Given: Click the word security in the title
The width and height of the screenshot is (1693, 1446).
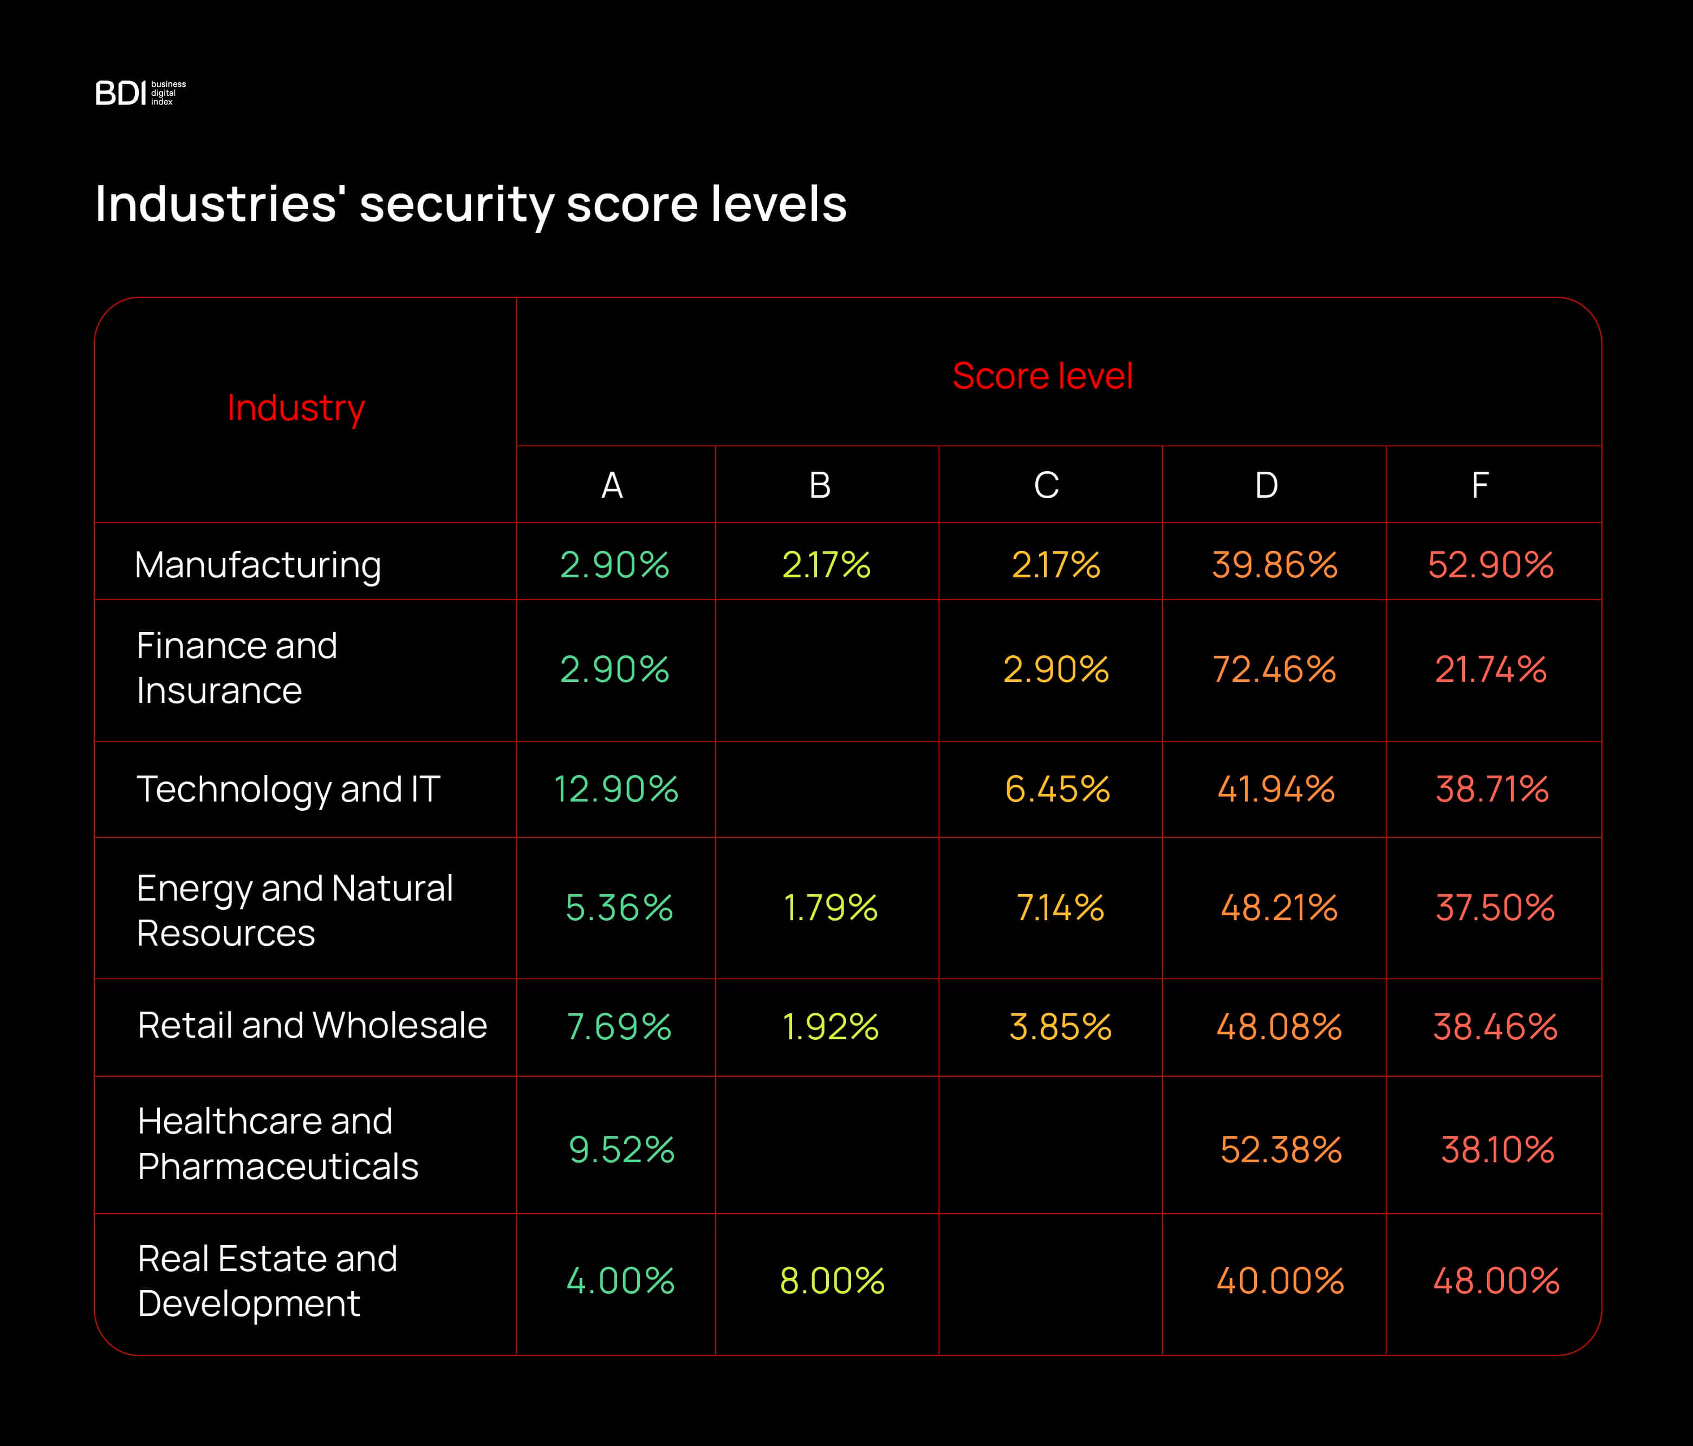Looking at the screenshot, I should pyautogui.click(x=456, y=204).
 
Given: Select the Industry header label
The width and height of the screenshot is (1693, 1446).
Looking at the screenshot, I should pyautogui.click(x=296, y=408).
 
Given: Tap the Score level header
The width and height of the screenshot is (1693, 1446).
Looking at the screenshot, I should pyautogui.click(x=1042, y=376).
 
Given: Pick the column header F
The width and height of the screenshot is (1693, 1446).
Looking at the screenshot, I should pyautogui.click(x=1479, y=485).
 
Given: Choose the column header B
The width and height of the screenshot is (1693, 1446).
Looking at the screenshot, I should pyautogui.click(x=820, y=485).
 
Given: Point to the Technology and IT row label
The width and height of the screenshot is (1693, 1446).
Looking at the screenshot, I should pyautogui.click(x=288, y=789).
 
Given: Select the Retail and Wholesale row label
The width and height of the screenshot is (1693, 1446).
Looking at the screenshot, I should pyautogui.click(x=312, y=1025).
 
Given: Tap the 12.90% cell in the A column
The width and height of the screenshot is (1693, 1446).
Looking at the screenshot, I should pyautogui.click(x=615, y=789).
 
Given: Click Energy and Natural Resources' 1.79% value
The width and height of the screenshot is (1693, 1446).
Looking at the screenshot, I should pyautogui.click(x=830, y=908).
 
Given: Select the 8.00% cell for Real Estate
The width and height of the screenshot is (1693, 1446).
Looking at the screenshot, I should pyautogui.click(x=832, y=1280).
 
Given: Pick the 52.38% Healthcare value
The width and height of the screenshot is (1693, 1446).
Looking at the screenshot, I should pyautogui.click(x=1280, y=1149).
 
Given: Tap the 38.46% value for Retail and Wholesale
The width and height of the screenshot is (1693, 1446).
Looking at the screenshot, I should pyautogui.click(x=1495, y=1027).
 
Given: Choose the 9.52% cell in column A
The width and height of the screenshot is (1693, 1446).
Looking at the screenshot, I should pyautogui.click(x=621, y=1149).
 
